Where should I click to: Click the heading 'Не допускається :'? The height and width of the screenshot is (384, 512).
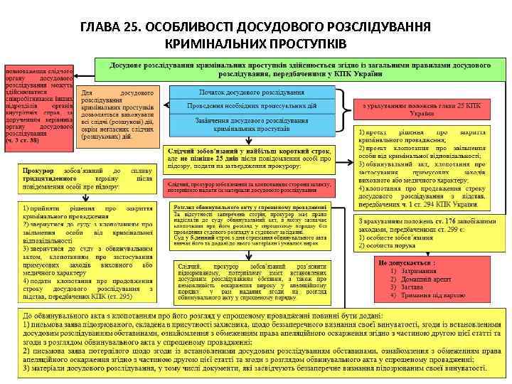pyautogui.click(x=408, y=262)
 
